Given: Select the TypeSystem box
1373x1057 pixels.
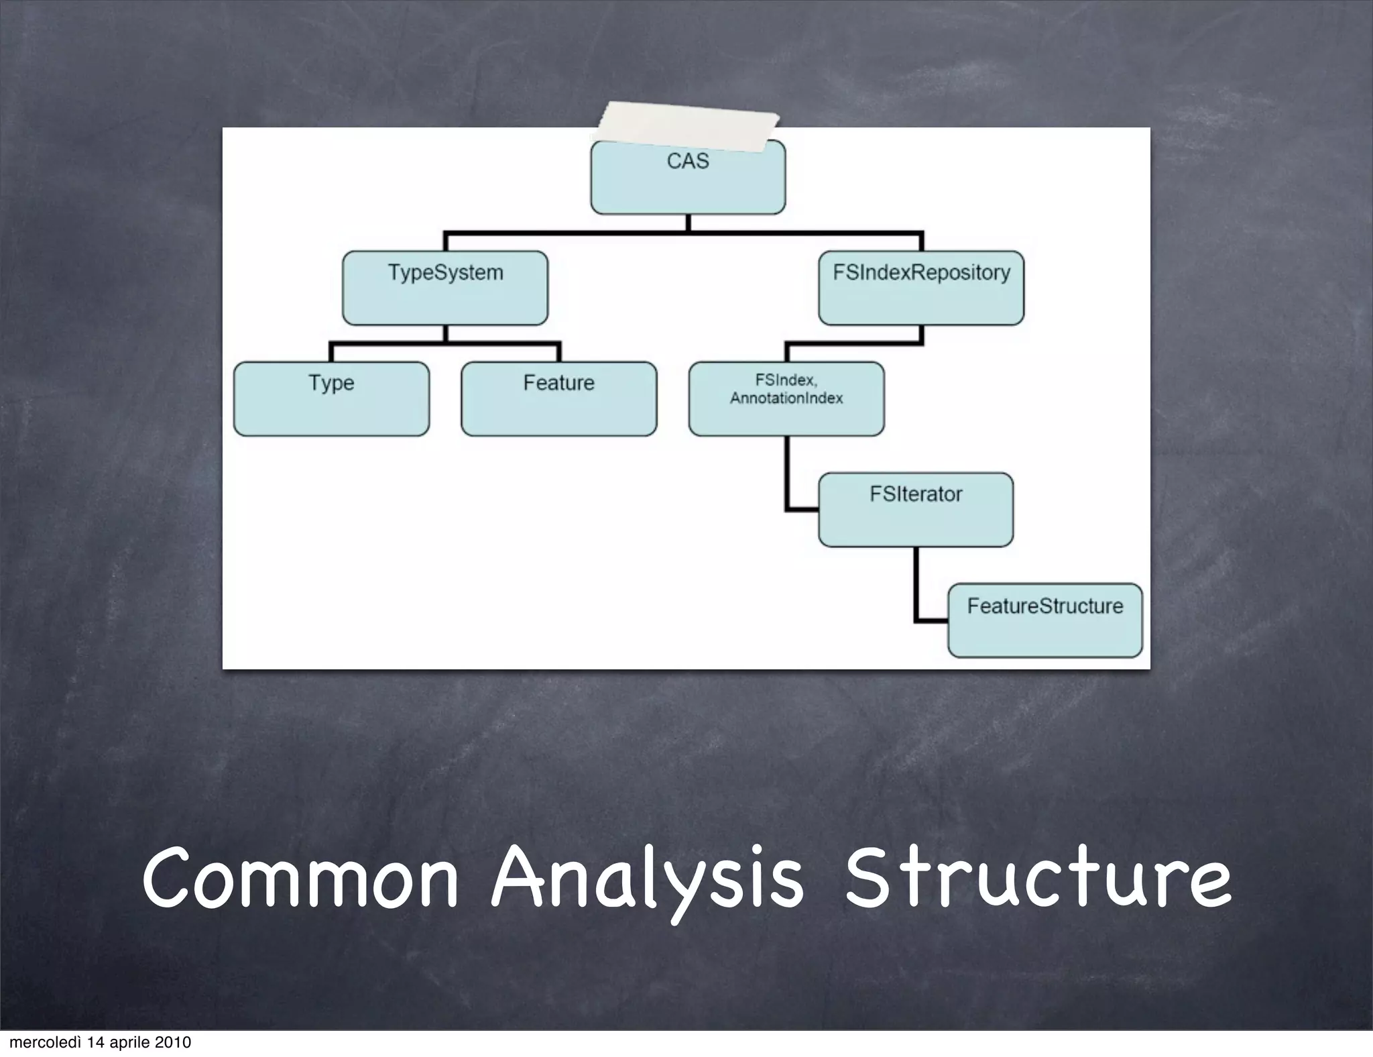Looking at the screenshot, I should [x=445, y=288].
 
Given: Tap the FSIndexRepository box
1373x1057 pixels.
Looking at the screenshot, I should [x=921, y=288].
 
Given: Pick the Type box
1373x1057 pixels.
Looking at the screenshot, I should [x=331, y=399].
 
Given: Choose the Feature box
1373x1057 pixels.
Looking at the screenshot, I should [x=559, y=399].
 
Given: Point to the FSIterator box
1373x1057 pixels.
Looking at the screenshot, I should [x=916, y=510].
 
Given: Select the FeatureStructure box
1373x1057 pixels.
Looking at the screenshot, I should [x=1044, y=620].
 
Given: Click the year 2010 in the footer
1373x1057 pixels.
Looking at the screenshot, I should [x=173, y=1042].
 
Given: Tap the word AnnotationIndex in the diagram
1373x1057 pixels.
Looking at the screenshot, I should [x=786, y=398].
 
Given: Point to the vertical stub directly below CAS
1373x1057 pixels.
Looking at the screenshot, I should [x=688, y=223].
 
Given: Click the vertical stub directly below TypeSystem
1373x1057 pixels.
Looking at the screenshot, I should [x=445, y=334].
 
